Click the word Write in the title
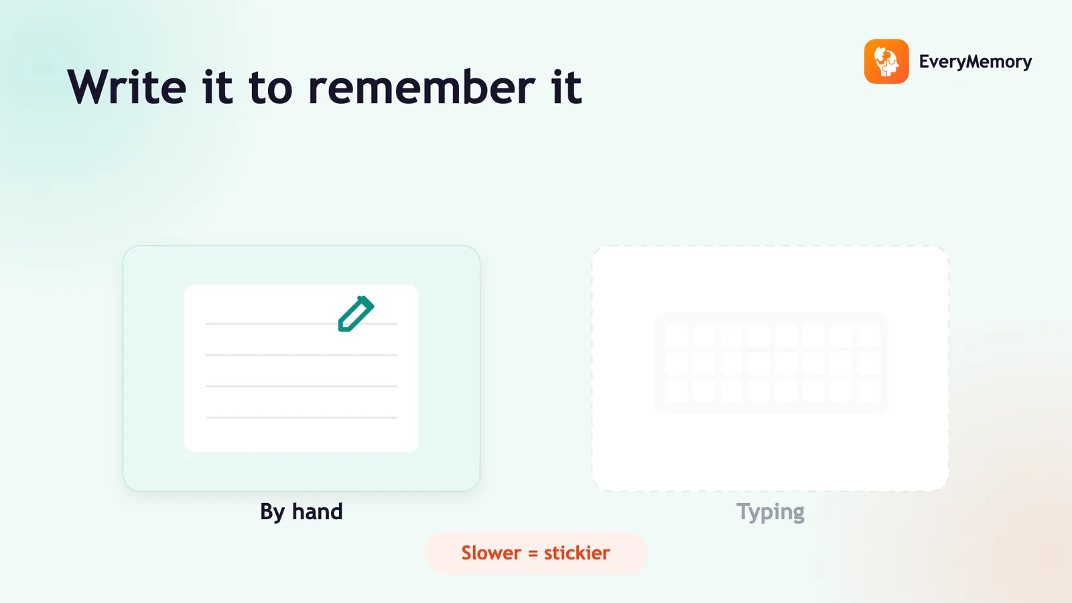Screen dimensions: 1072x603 pos(127,86)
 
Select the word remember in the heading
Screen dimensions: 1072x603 pos(421,86)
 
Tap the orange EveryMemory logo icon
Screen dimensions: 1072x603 pos(886,61)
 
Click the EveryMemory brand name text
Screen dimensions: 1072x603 pos(976,62)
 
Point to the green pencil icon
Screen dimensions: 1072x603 pos(356,314)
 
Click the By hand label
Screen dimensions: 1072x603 pos(301,512)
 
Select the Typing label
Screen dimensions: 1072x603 pos(770,512)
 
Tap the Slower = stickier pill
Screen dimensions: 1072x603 pos(535,553)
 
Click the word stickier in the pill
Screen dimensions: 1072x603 pos(577,553)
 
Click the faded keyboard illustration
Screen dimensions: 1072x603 pos(770,362)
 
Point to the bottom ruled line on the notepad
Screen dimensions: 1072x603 pos(301,417)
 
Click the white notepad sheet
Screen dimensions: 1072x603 pos(301,368)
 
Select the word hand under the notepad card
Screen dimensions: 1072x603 pos(318,511)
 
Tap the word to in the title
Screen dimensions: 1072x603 pos(270,88)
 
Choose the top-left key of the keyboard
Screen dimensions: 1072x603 pos(676,336)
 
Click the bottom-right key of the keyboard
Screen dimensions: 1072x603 pos(868,391)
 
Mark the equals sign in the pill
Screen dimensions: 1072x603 pos(533,553)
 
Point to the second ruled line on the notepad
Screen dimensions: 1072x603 pos(301,355)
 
